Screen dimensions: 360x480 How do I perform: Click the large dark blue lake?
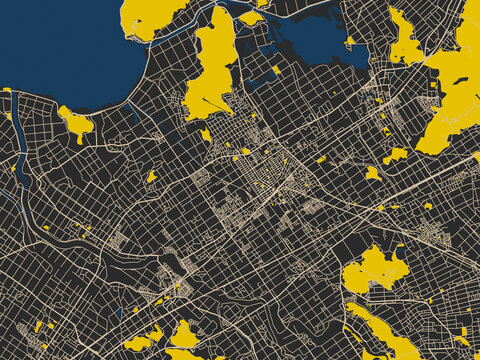point(60,50)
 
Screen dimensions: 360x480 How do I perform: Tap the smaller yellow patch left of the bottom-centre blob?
point(139,342)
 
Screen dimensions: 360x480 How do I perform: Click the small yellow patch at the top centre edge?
point(250,17)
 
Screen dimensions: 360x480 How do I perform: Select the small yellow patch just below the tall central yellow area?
point(206,134)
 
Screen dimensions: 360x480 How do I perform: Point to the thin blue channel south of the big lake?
point(135,112)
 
